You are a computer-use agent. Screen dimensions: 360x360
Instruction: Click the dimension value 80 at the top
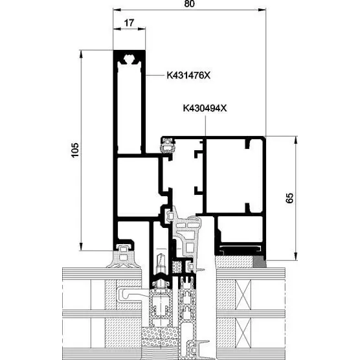(190, 3)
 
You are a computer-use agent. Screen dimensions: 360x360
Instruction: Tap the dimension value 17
(129, 23)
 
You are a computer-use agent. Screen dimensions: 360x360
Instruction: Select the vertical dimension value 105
(75, 150)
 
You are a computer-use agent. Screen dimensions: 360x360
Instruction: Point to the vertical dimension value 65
(289, 198)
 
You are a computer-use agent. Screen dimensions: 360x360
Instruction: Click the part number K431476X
(188, 75)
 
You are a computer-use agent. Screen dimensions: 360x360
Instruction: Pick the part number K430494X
(205, 108)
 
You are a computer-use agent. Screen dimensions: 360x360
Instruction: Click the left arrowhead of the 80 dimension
(117, 10)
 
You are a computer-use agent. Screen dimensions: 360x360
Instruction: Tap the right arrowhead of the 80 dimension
(262, 10)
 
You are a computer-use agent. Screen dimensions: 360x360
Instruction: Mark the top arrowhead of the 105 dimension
(80, 54)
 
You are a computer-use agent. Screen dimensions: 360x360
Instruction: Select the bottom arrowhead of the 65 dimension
(296, 256)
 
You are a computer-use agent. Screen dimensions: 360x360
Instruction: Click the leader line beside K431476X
(155, 75)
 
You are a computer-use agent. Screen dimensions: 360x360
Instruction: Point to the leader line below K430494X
(205, 126)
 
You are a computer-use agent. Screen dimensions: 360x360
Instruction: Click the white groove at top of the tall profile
(129, 60)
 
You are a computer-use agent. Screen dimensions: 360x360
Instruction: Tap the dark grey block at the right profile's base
(260, 262)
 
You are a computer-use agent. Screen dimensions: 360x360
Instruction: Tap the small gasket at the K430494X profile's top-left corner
(168, 144)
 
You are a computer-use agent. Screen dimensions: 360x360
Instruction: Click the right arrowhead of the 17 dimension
(142, 28)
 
